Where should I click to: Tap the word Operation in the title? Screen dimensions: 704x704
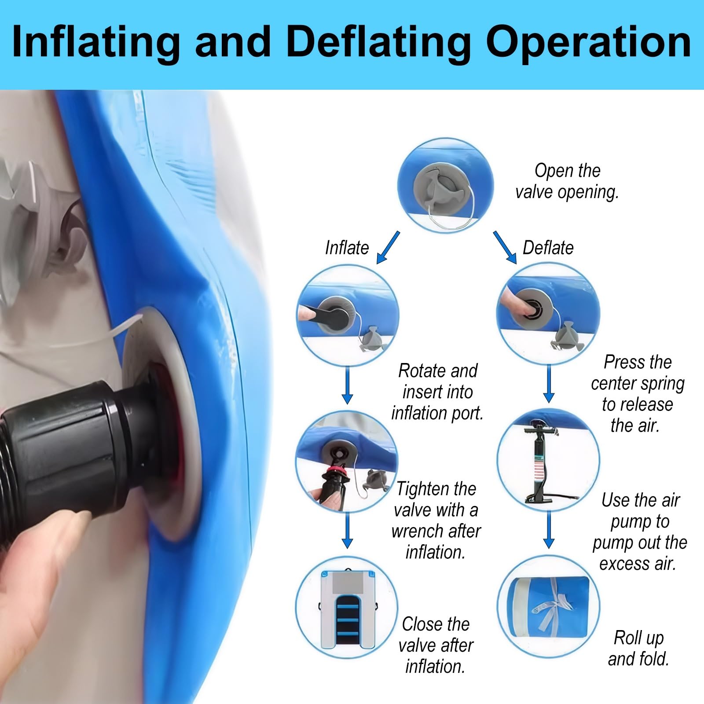click(x=588, y=43)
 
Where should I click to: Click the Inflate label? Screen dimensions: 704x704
click(x=347, y=248)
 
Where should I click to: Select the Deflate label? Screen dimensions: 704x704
click(x=548, y=248)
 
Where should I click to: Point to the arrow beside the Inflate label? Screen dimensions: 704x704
click(x=388, y=247)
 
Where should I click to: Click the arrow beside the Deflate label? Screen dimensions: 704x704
click(x=505, y=247)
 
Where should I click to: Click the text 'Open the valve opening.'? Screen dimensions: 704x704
click(x=567, y=181)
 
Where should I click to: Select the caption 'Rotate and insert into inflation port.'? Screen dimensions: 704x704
click(x=437, y=392)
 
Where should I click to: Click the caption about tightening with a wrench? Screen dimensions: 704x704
click(x=436, y=520)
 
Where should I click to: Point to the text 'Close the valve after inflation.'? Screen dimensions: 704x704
click(x=436, y=645)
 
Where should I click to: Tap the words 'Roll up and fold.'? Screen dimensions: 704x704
click(x=638, y=648)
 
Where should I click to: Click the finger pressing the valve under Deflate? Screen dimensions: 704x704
click(x=517, y=301)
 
